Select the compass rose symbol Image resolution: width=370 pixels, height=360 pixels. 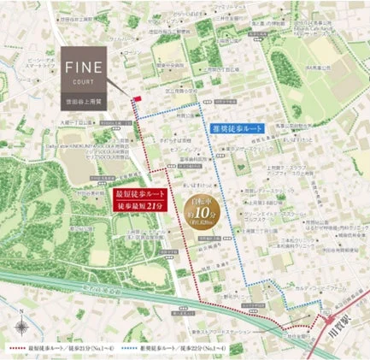point(21,325)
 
